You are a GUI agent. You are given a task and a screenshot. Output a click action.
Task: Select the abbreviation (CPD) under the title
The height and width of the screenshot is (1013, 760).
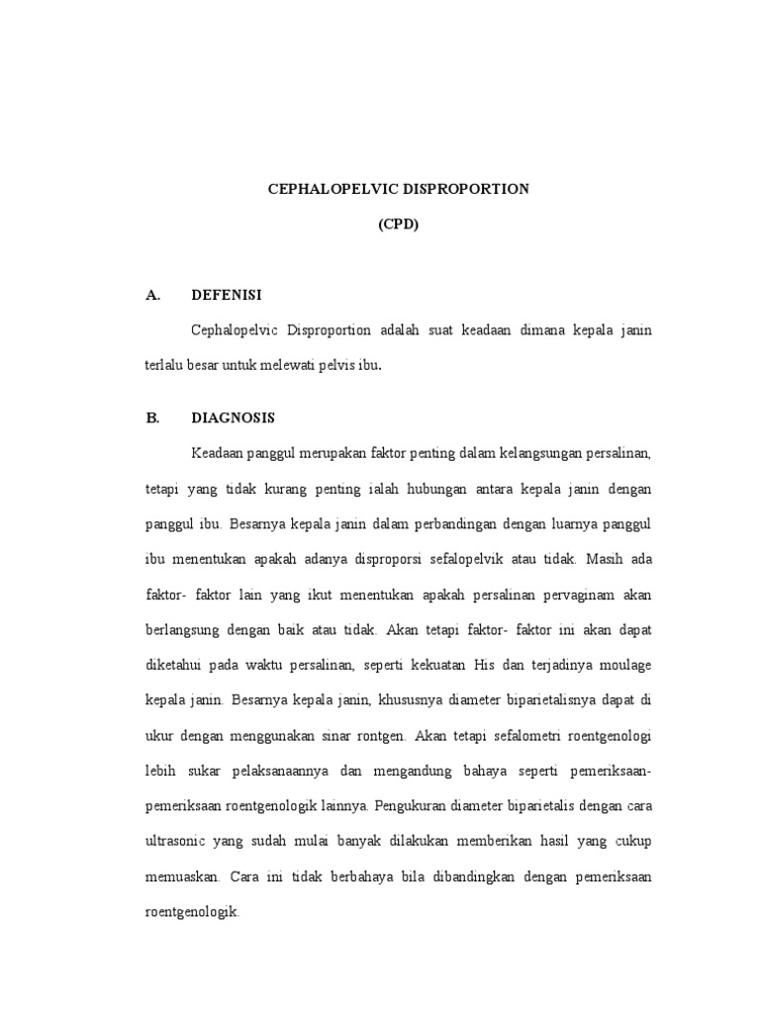(x=398, y=225)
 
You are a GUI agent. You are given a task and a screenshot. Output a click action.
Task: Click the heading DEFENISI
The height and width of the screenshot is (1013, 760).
(x=227, y=295)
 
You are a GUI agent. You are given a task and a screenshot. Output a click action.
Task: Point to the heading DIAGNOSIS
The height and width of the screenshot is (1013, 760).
(x=234, y=417)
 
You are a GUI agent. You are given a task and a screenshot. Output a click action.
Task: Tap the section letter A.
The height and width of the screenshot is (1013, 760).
(x=152, y=295)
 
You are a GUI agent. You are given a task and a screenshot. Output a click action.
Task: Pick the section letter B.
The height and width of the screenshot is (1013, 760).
(x=152, y=417)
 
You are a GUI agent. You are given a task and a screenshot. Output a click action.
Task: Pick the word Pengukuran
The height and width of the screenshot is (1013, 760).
(x=412, y=805)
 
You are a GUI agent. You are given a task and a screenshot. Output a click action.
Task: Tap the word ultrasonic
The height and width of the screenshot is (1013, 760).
(x=175, y=841)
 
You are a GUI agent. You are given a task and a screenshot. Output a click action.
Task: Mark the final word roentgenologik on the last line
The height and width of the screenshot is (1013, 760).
(x=191, y=911)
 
